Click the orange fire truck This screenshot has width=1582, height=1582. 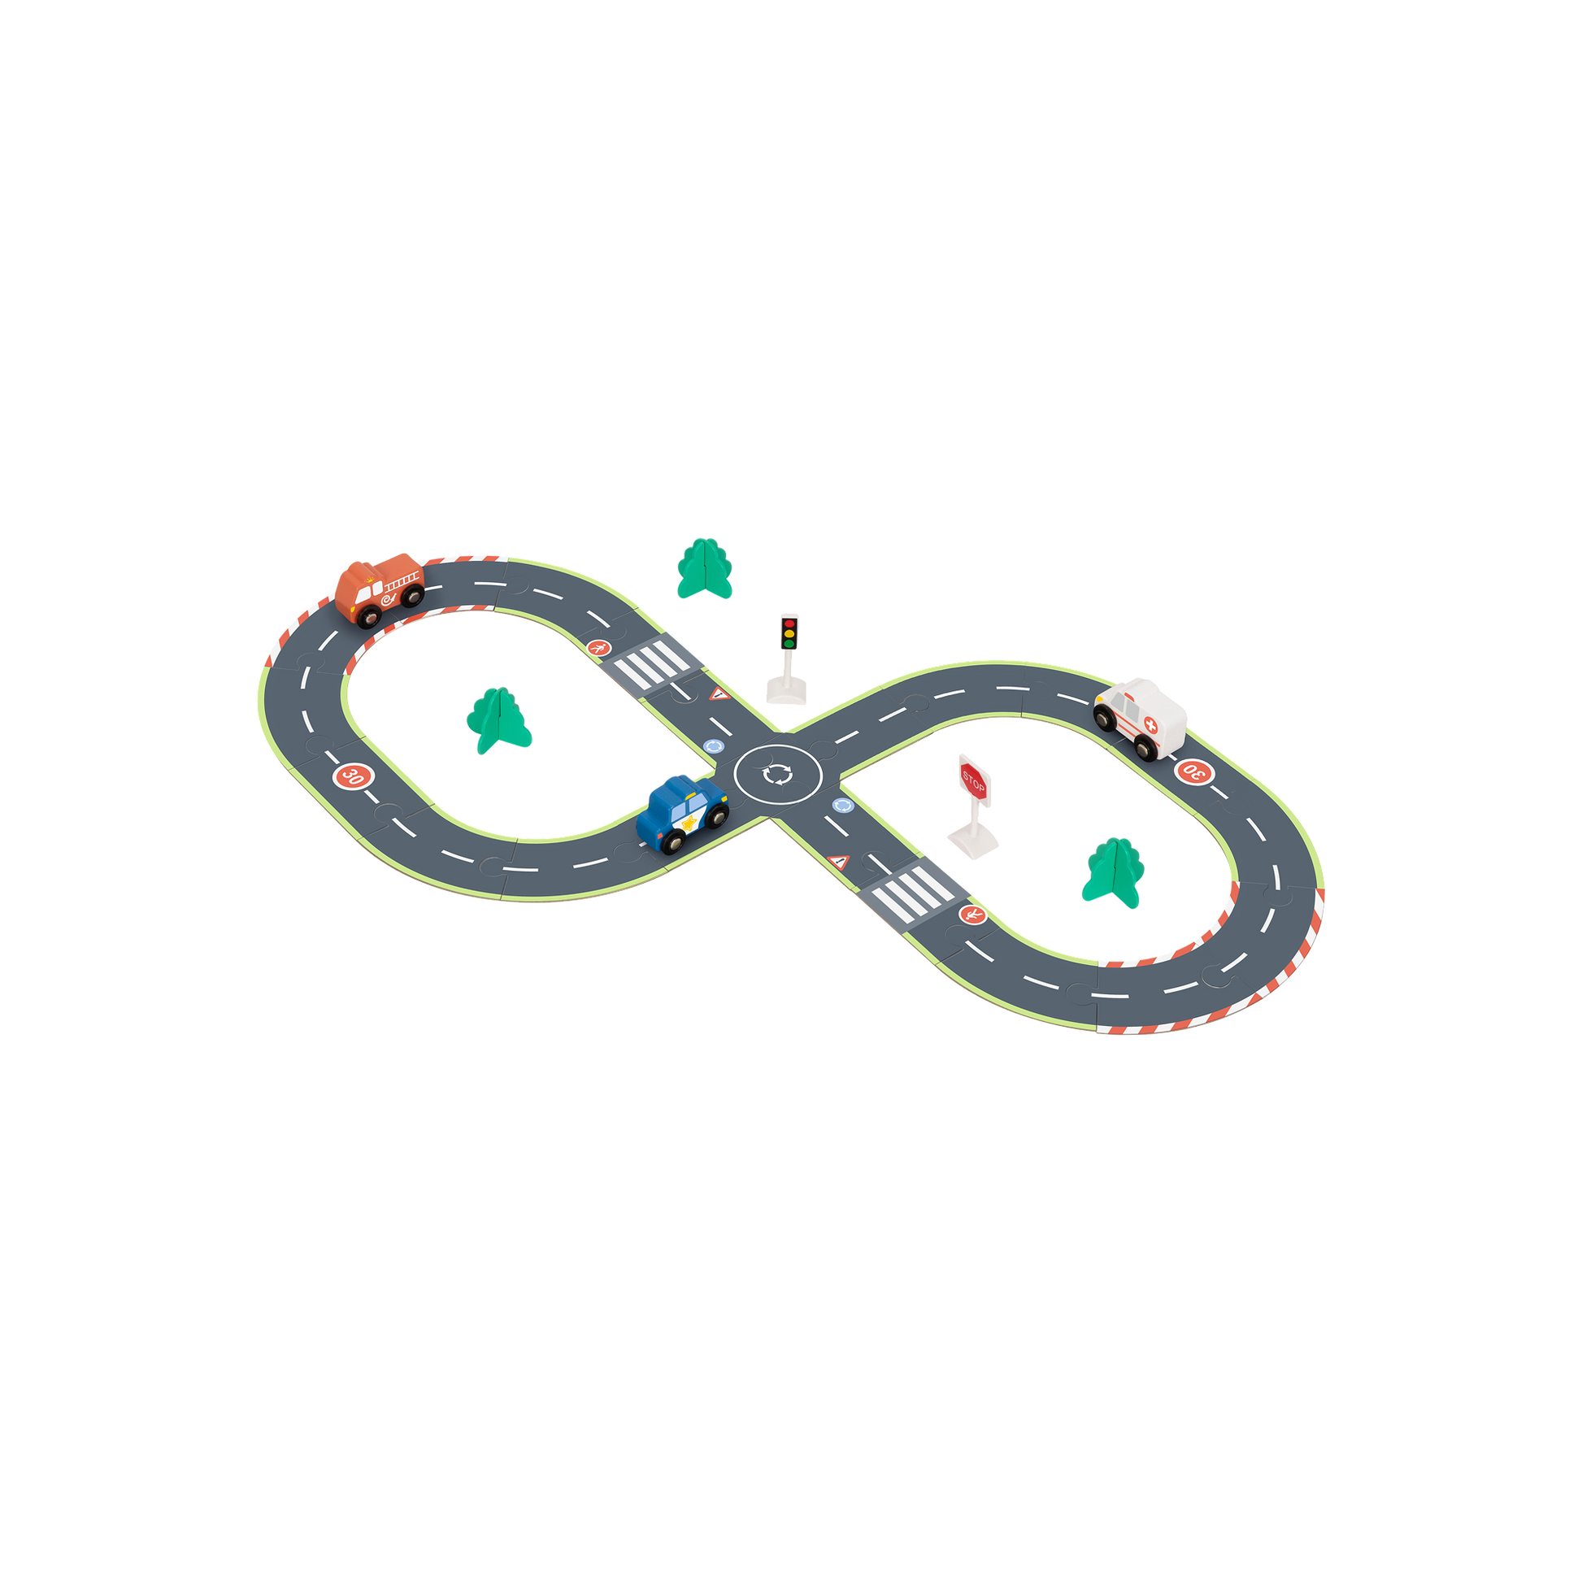click(379, 589)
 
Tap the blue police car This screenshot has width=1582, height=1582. click(682, 813)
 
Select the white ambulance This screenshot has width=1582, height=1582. click(1141, 718)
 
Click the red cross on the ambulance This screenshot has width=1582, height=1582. click(1151, 725)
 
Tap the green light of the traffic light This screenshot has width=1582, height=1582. click(789, 644)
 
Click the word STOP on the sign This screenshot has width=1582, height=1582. click(973, 779)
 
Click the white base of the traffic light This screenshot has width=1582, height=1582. click(786, 692)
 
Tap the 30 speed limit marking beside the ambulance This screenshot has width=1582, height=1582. click(1193, 771)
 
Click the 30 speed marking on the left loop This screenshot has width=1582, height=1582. click(352, 776)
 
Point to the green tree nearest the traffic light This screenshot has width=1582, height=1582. click(704, 568)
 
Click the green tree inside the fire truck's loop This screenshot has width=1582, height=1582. click(498, 719)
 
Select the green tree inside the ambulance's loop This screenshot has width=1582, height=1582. click(1113, 872)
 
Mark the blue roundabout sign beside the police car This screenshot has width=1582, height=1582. click(713, 746)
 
